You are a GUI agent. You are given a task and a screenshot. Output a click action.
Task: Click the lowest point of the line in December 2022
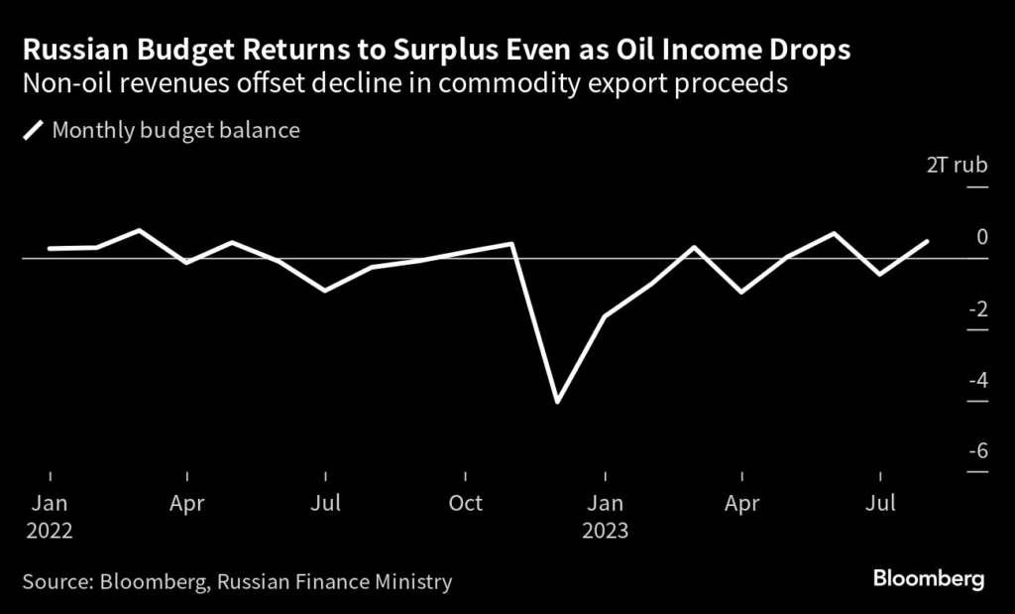(557, 402)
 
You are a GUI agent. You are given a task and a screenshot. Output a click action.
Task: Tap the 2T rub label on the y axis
(957, 165)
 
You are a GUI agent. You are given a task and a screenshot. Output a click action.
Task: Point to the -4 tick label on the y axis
(977, 379)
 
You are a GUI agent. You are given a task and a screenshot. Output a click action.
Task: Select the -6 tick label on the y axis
(977, 450)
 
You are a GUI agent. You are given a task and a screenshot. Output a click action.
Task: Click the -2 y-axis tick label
(977, 308)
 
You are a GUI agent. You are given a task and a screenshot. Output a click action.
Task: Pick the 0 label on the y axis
(982, 237)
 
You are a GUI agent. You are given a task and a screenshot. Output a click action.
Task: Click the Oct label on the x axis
(465, 503)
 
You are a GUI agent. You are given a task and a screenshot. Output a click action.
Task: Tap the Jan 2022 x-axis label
(50, 516)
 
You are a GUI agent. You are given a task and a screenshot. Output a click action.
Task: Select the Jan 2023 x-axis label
(604, 516)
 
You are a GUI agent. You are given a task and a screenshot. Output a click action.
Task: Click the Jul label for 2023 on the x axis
(880, 503)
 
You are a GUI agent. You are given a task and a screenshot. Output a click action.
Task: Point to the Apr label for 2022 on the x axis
(187, 503)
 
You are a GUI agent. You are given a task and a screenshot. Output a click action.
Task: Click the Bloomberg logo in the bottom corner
(929, 579)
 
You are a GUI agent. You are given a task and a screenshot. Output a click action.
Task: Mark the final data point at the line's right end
(927, 241)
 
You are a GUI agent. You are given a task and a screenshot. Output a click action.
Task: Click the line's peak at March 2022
(141, 230)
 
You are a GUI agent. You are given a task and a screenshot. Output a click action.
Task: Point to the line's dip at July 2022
(325, 291)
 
